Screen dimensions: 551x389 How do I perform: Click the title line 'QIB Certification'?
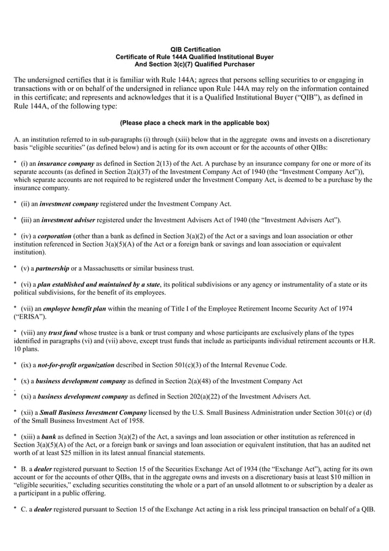[194, 49]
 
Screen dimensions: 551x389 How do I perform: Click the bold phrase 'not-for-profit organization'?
[76, 365]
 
